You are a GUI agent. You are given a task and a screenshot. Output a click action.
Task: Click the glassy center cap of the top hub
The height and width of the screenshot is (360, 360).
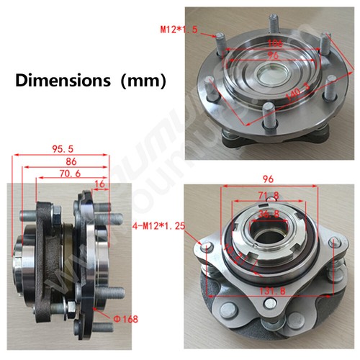pos(274,75)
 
